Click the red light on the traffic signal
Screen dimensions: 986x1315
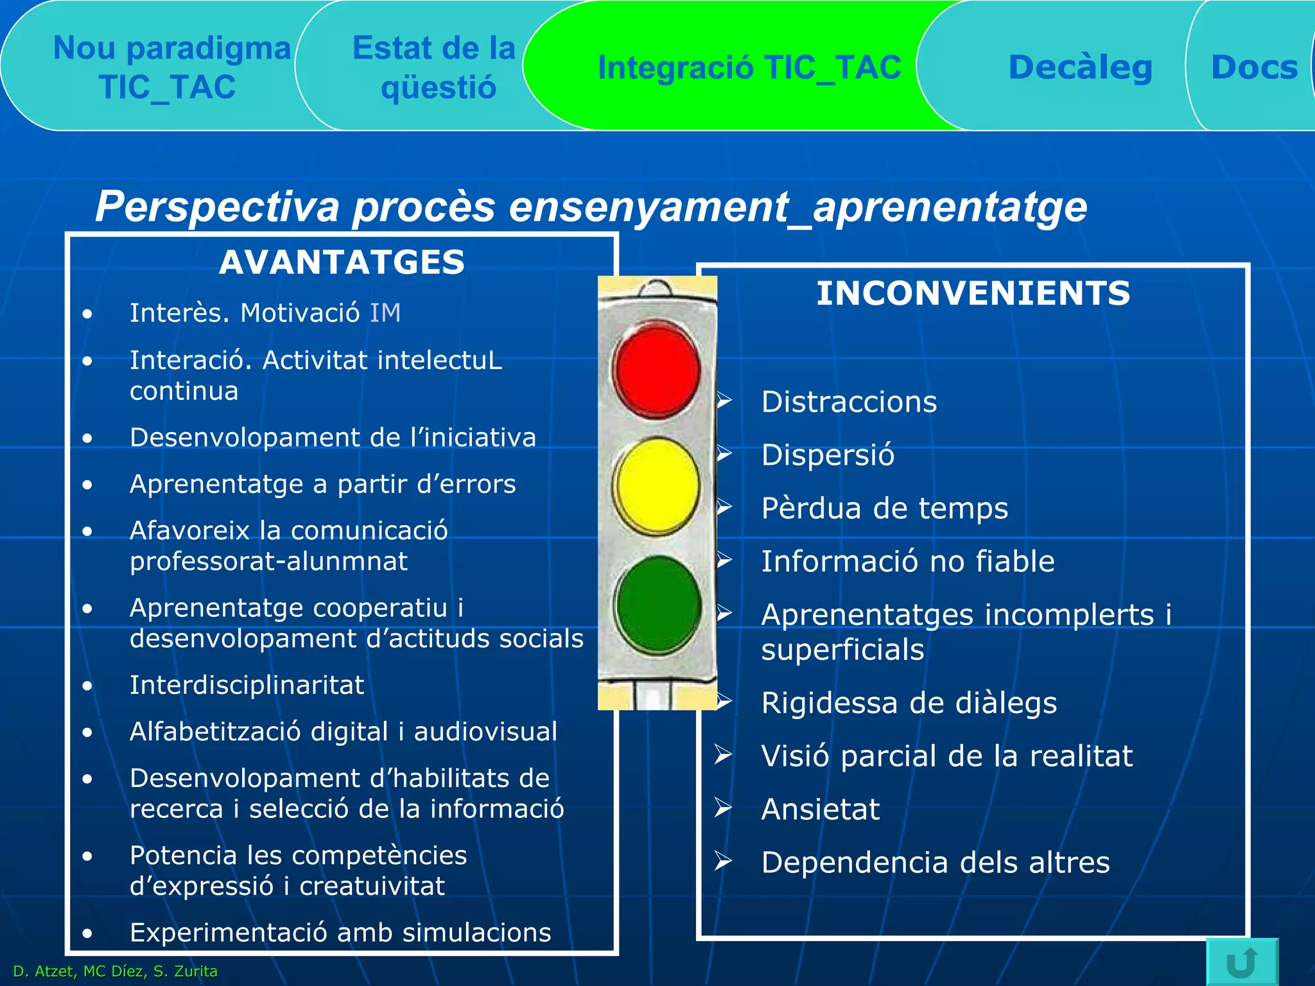656,370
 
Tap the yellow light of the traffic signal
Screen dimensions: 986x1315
656,486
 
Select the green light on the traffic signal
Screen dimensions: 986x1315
657,604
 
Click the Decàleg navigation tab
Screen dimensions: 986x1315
1080,67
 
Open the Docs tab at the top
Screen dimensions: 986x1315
1253,67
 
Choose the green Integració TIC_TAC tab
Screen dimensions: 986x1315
749,67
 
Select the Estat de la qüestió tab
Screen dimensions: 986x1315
435,67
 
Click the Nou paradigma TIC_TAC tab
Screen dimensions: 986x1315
170,67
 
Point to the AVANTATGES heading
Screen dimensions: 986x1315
342,263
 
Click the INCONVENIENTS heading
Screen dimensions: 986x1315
973,293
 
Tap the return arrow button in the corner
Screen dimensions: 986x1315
1242,962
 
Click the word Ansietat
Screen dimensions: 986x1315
820,809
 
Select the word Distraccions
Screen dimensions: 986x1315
849,402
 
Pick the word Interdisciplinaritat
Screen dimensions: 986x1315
247,686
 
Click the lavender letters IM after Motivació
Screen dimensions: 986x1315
385,313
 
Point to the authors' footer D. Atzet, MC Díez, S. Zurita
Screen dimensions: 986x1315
116,971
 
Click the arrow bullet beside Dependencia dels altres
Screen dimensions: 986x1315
723,861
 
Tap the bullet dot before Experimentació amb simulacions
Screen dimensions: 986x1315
87,933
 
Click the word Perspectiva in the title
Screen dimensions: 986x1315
217,207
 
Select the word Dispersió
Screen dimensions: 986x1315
827,455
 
